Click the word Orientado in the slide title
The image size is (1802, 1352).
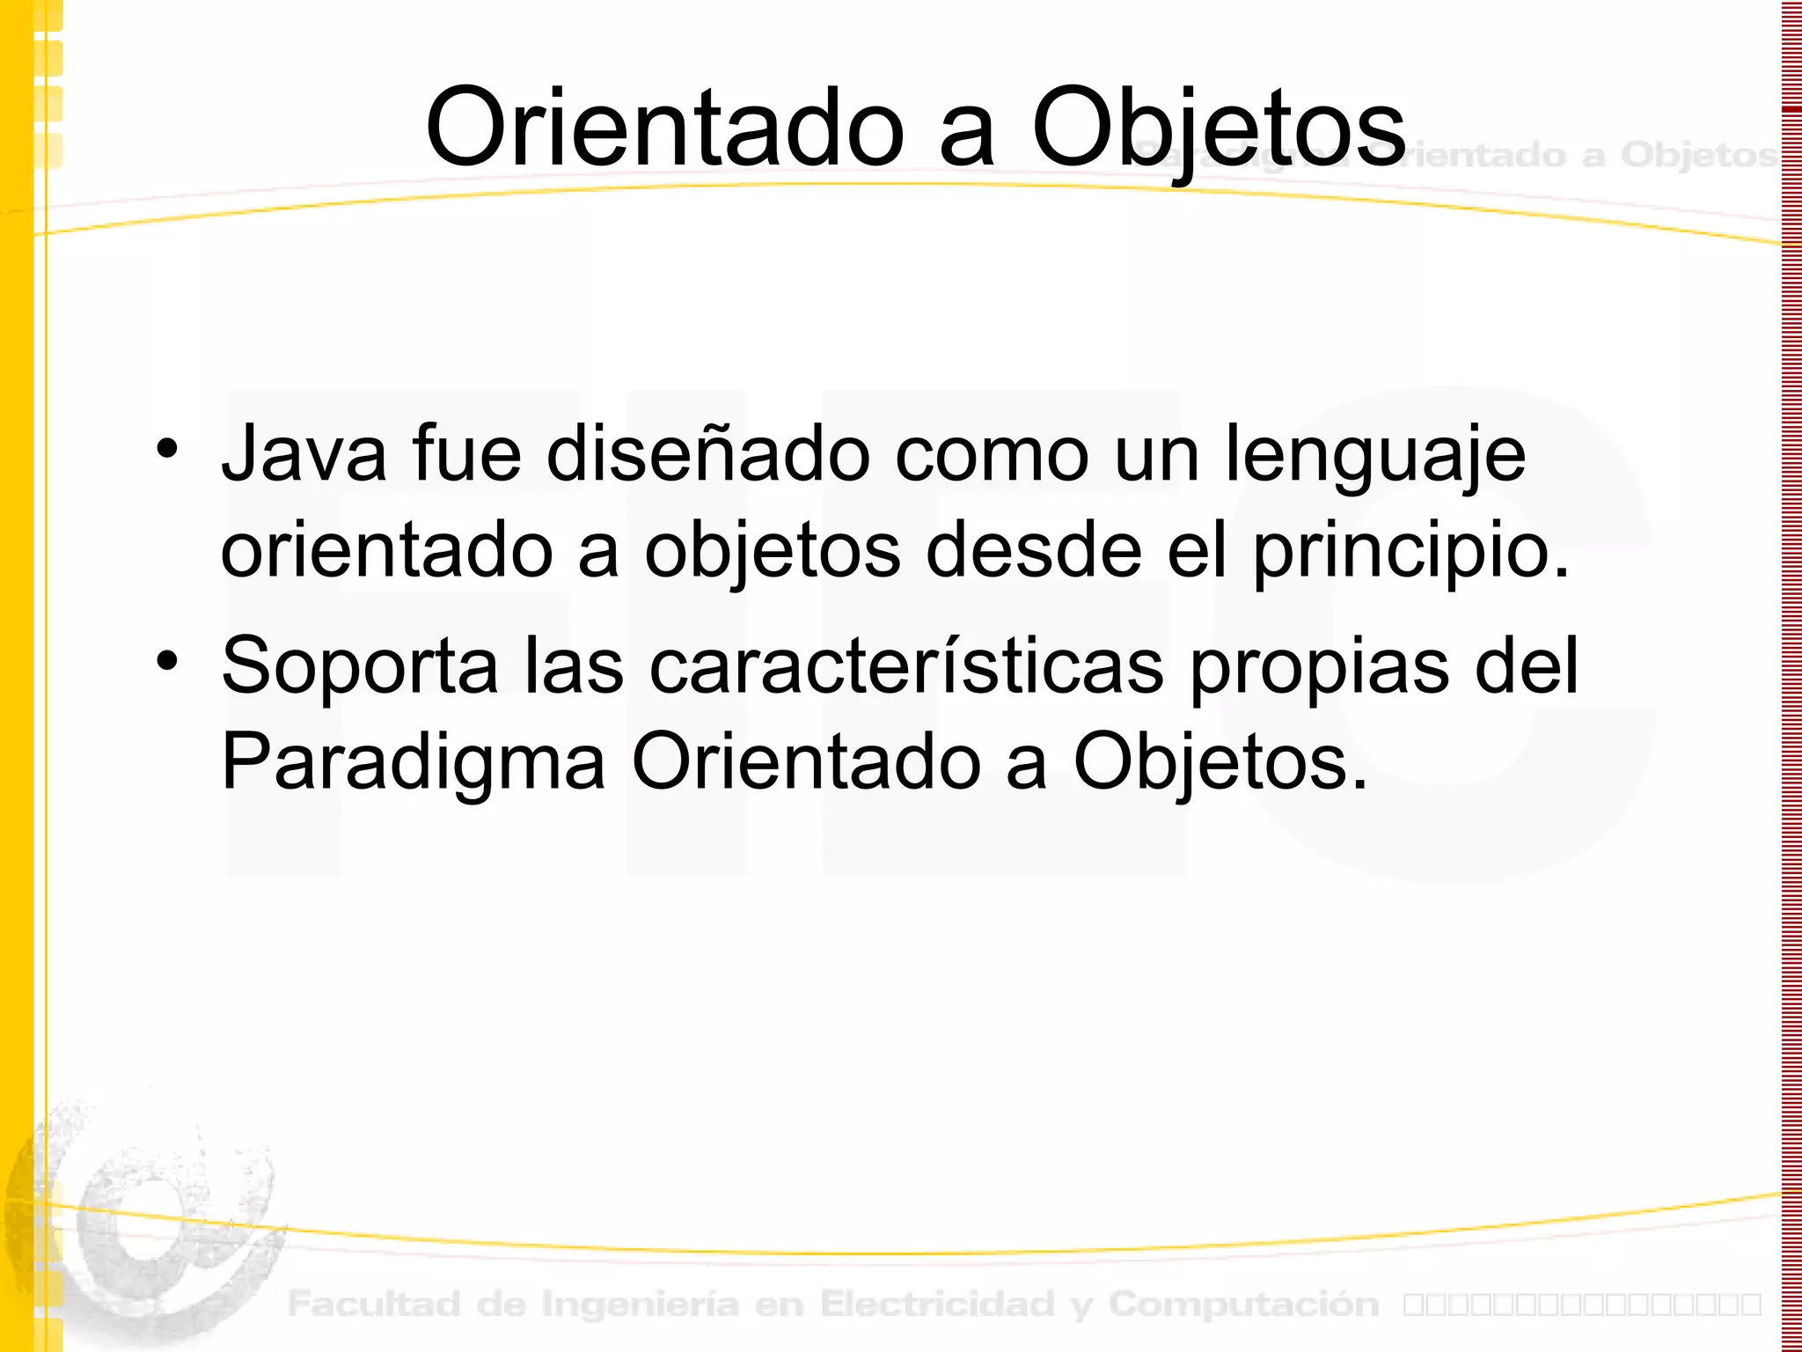tap(664, 128)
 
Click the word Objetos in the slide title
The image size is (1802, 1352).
tap(1219, 130)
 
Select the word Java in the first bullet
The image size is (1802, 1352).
tap(304, 455)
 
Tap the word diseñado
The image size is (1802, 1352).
tap(708, 455)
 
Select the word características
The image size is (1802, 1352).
tap(906, 665)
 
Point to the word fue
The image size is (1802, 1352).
tap(466, 455)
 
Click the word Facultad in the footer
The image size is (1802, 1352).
tap(374, 1304)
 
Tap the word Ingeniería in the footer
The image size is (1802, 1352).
tap(640, 1304)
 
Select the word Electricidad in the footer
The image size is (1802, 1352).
tap(937, 1304)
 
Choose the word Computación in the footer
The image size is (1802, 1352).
tap(1243, 1304)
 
